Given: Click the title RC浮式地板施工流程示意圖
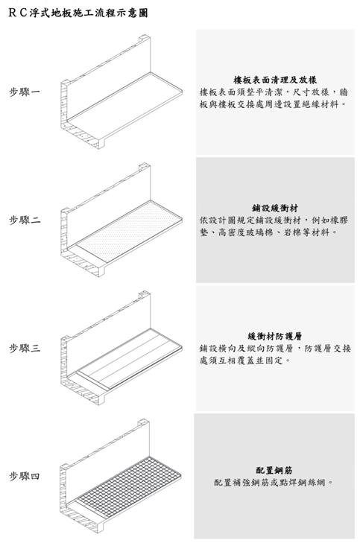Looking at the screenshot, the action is click(x=78, y=13).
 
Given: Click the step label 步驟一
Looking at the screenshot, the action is click(x=25, y=92).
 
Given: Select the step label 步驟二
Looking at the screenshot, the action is click(x=25, y=220).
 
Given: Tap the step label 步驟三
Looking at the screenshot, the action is click(x=25, y=348).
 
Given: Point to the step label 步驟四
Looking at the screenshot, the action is click(x=25, y=476).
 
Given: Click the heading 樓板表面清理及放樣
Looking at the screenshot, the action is click(x=275, y=80).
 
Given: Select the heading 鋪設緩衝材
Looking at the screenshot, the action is click(x=275, y=208).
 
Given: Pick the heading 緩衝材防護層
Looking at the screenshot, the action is click(x=275, y=336).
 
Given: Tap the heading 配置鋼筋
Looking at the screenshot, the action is click(x=274, y=470).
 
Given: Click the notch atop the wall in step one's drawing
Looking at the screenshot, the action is click(x=145, y=37).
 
